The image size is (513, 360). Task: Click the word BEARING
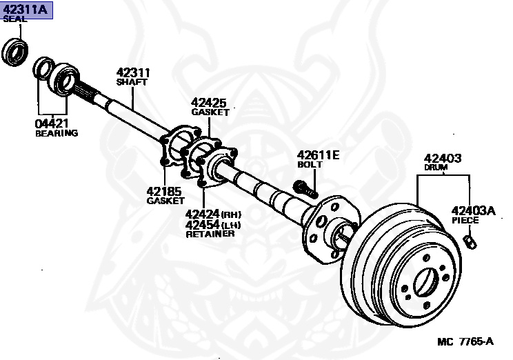coord(57,133)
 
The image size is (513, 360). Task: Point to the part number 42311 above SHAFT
coord(133,72)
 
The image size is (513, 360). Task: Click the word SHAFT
coord(132,81)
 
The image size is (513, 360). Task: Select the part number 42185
coord(163,191)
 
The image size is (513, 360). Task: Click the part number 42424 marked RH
coord(202,214)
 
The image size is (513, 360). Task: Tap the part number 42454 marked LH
coord(202,224)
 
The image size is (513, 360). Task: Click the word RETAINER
coord(210,234)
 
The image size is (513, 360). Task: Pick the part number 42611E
coord(318,155)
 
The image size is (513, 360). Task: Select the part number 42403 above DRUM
coord(442,159)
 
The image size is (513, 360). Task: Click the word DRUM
coord(435,168)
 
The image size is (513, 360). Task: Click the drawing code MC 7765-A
coord(465,341)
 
